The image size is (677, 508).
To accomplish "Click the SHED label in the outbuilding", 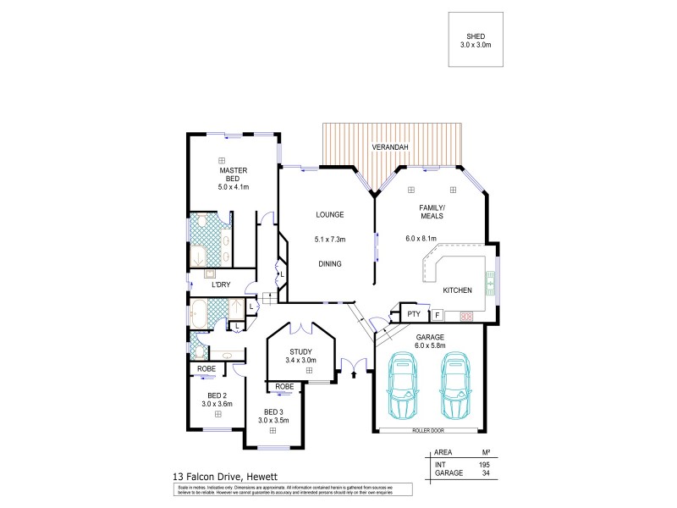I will (475, 36).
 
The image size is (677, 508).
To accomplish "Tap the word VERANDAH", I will (392, 148).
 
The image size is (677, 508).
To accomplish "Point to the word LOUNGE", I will (329, 215).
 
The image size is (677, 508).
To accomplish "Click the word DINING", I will (329, 264).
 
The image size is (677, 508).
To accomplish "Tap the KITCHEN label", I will (457, 290).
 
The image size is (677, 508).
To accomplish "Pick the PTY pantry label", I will (414, 314).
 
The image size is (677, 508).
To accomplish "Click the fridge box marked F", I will (438, 315).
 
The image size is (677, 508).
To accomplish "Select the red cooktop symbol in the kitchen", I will (465, 317).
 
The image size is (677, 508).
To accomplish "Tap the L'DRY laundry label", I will (222, 284).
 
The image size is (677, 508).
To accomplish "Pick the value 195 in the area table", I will (483, 465).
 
